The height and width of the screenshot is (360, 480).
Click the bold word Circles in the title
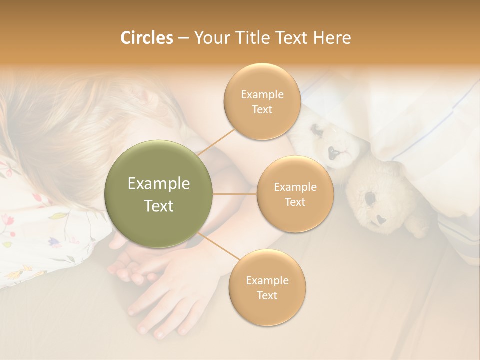click(x=146, y=38)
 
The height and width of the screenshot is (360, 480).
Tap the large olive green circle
click(x=159, y=194)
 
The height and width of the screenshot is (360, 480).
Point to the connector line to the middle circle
click(x=235, y=194)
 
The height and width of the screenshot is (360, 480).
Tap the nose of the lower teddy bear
click(x=380, y=219)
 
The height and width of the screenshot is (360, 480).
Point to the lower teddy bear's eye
click(x=370, y=198)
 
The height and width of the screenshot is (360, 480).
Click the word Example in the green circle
click(x=159, y=184)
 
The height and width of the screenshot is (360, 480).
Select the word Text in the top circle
click(x=262, y=110)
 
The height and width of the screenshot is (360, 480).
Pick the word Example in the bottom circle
click(x=267, y=280)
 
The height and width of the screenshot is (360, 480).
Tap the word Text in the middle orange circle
click(x=295, y=202)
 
